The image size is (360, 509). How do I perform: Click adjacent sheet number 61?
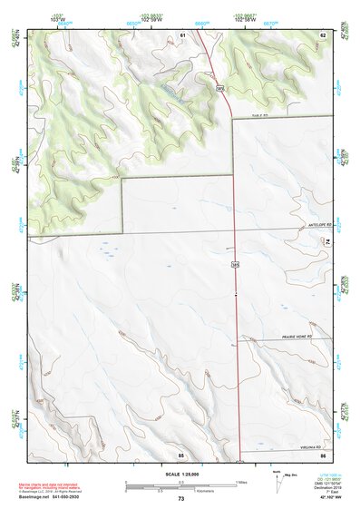(x=182, y=34)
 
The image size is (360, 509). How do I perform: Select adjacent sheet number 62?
(x=322, y=34)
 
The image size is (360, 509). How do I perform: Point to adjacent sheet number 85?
(x=180, y=453)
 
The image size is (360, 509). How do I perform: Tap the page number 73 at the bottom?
(x=180, y=499)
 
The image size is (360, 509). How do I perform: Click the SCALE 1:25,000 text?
(x=180, y=475)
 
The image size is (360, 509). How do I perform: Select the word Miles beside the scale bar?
(x=242, y=482)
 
